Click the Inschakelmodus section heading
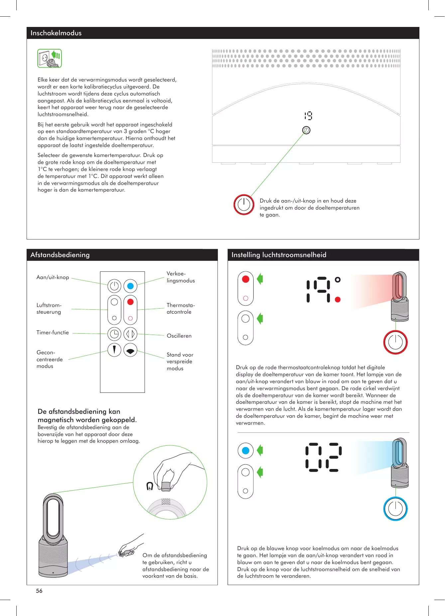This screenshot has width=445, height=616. coord(56,33)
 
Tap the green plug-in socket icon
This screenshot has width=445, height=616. coord(50,59)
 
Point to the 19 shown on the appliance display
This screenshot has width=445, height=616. coord(308,116)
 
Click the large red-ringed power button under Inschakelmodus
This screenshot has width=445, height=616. coord(244,204)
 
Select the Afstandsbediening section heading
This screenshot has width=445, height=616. coord(60,255)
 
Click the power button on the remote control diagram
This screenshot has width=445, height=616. coord(114,286)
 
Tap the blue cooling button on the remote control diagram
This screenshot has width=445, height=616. coord(130,286)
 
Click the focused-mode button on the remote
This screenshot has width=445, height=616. coord(114,350)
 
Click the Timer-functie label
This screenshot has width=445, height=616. coord(53,332)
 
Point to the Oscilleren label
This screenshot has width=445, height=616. coord(179,336)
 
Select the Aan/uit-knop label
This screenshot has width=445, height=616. coord(53,277)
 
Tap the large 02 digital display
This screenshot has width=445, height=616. coord(323,457)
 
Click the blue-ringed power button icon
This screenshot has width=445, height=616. coord(395,509)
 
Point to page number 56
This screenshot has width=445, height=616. coord(39,591)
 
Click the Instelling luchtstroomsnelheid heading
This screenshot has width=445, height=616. coord(279,255)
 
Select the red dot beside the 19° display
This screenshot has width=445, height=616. coord(338,300)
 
